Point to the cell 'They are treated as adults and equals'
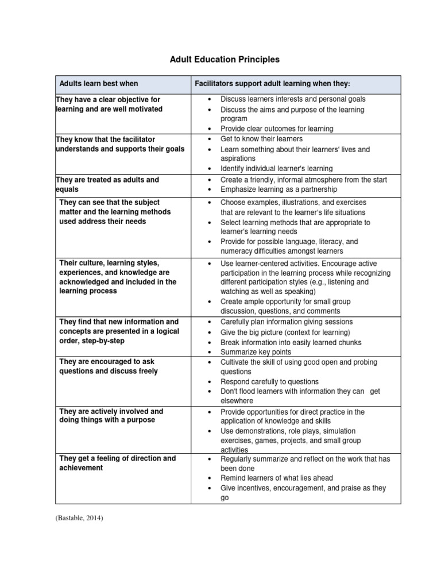(107, 184)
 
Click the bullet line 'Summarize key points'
(256, 352)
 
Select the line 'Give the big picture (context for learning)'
(285, 332)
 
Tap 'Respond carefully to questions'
(269, 381)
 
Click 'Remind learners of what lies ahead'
(277, 478)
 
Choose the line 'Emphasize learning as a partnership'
(279, 189)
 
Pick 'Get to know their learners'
(261, 139)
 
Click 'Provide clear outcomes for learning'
(277, 129)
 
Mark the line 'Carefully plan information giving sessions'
(287, 322)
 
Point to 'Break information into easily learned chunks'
(291, 342)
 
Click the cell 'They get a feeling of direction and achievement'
(117, 463)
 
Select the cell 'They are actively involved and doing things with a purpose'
(111, 416)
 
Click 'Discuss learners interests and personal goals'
(293, 99)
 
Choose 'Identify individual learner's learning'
(276, 169)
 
